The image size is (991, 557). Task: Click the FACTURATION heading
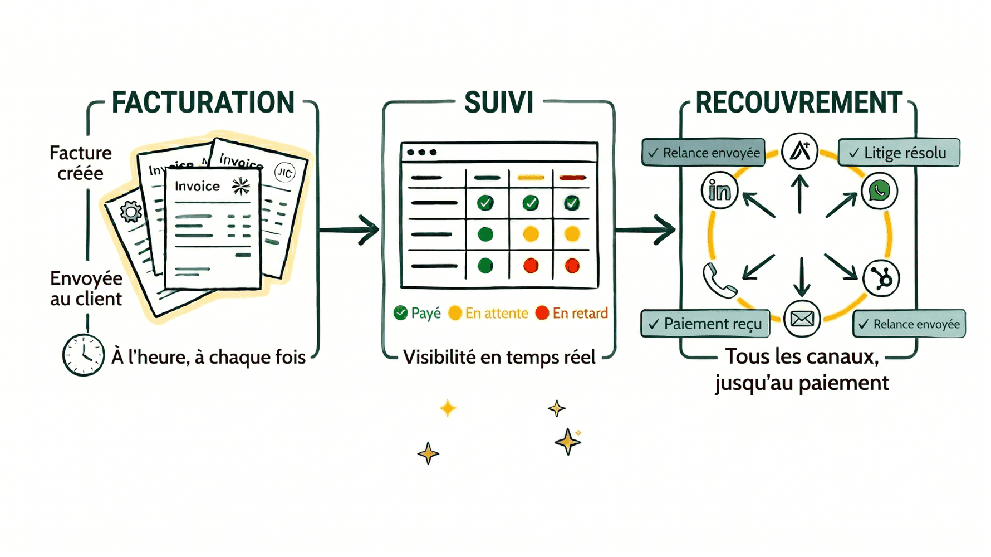[x=203, y=102]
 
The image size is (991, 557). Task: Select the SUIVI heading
[x=498, y=102]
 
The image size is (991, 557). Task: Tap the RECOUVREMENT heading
[x=798, y=102]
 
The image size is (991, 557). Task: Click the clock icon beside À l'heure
[x=83, y=355]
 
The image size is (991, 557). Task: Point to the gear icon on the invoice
[x=131, y=212]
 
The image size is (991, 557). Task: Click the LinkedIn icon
[x=719, y=191]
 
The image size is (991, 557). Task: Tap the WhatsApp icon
[x=879, y=191]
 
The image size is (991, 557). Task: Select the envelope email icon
[x=802, y=319]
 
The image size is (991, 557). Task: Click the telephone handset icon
[x=719, y=280]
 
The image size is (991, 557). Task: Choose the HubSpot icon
[x=881, y=278]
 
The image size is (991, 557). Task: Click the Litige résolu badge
[x=899, y=153]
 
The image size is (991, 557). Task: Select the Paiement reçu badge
[x=705, y=324]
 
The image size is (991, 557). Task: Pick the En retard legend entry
[x=572, y=314]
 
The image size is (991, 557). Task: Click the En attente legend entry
[x=488, y=314]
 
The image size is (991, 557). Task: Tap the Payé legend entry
[x=418, y=314]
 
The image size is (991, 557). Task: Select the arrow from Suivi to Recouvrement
[x=646, y=229]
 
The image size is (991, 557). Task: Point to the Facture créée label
[x=81, y=163]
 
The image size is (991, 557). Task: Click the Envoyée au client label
[x=86, y=289]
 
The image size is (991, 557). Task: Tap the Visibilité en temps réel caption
[x=499, y=357]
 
